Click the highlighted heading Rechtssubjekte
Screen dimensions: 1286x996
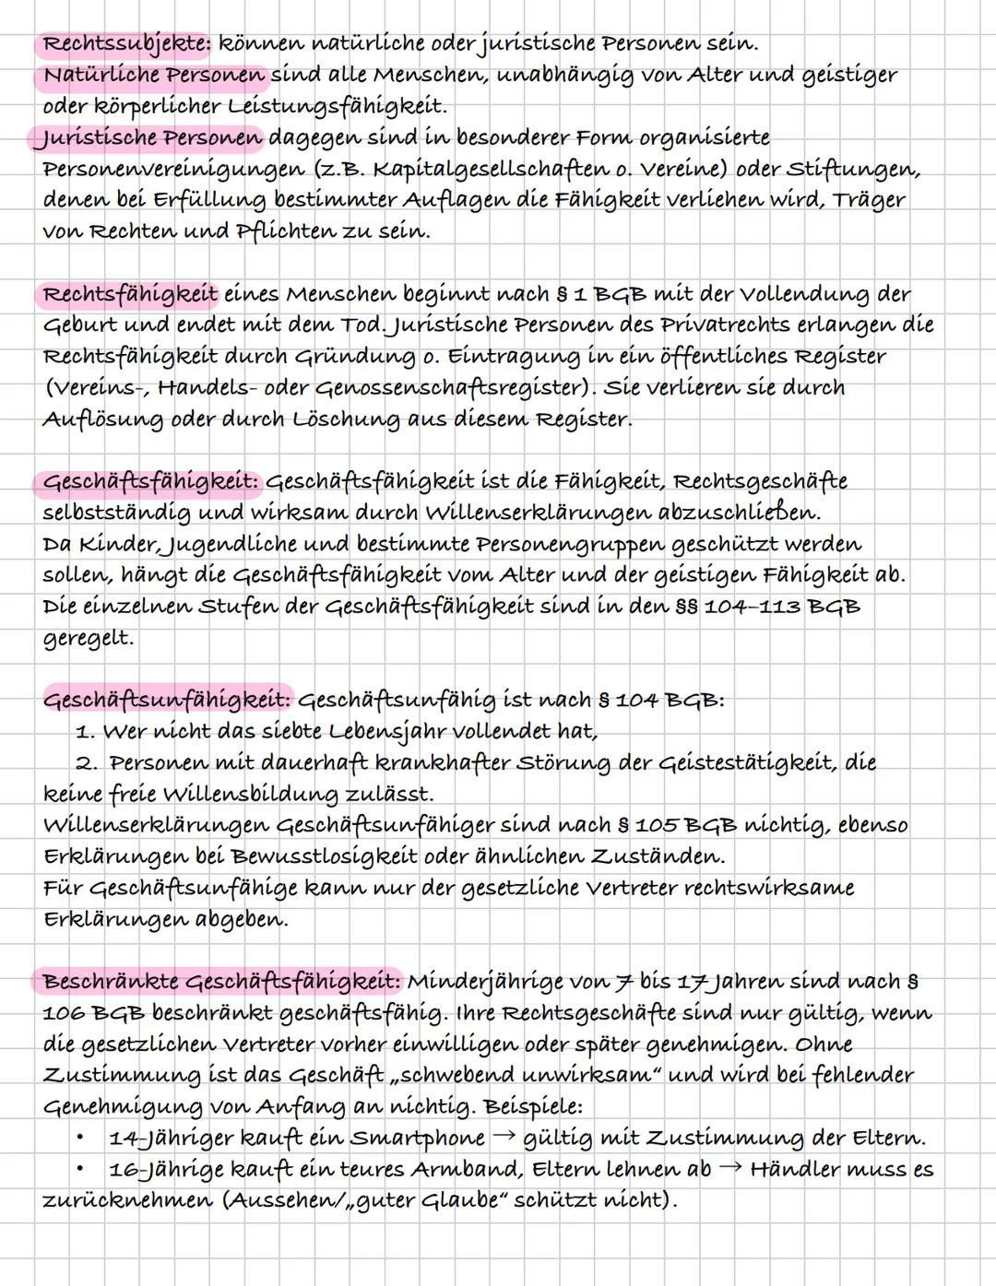(126, 43)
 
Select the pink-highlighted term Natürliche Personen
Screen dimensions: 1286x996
(153, 75)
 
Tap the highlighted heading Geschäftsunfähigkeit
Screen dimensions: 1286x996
(167, 699)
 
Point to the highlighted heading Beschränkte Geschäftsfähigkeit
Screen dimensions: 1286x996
(220, 981)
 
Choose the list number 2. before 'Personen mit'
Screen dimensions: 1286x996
(88, 763)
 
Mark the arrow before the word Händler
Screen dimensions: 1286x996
(729, 1169)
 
